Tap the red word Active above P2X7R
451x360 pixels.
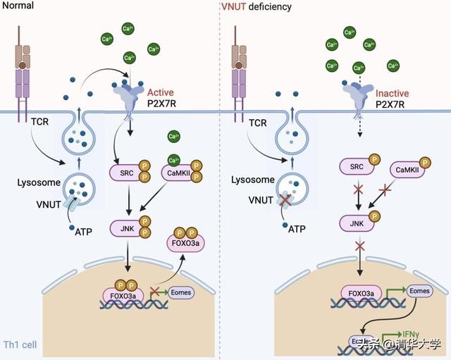coord(160,92)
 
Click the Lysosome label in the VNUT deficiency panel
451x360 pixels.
coord(252,180)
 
